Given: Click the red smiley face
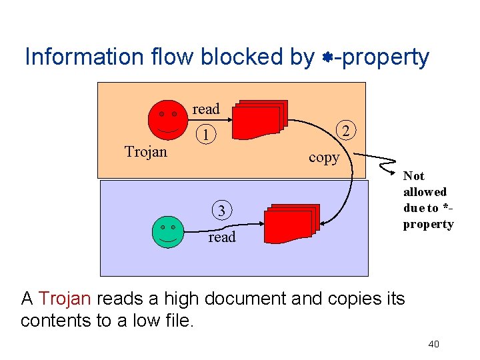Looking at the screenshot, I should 167,119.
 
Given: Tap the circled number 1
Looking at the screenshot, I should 208,135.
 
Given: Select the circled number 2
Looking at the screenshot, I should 346,131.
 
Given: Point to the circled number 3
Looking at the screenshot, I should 222,211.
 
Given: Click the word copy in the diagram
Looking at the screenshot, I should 324,158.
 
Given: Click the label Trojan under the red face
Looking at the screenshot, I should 146,152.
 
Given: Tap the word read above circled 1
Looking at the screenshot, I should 206,109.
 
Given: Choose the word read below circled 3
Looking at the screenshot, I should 222,237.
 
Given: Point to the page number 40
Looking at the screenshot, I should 433,344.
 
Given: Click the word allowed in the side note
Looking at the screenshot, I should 425,192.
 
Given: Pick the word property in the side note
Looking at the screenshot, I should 428,224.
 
